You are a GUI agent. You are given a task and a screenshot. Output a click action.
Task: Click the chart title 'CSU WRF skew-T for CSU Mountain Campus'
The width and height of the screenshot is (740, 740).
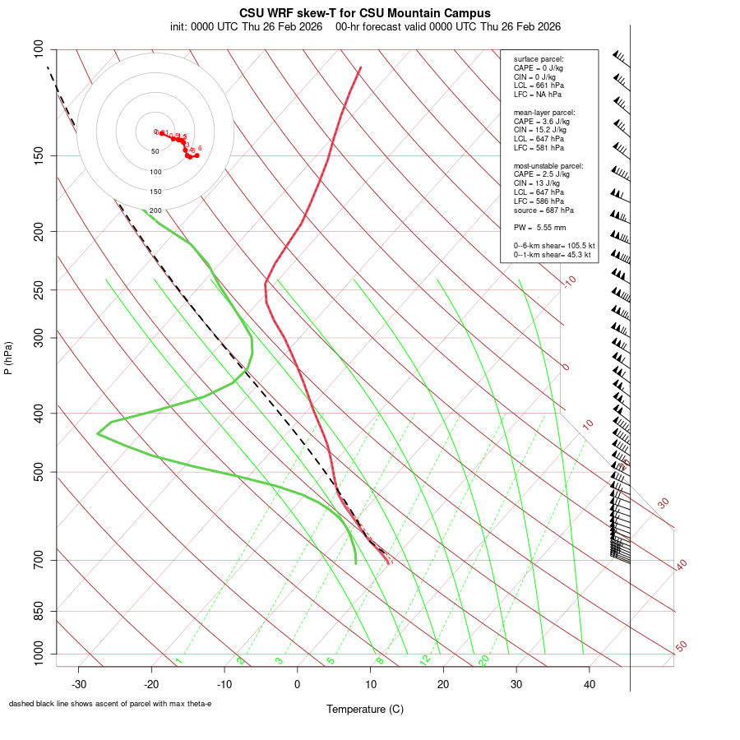coord(365,13)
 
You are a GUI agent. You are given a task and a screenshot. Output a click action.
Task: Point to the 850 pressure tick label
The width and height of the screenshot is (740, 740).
coord(39,611)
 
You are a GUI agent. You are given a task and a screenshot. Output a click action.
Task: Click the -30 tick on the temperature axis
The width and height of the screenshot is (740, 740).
coord(79,684)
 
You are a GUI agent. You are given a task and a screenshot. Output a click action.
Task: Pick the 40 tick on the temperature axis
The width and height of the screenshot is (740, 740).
coord(589,684)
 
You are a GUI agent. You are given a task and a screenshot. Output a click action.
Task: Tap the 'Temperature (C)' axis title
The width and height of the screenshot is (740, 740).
coord(365,709)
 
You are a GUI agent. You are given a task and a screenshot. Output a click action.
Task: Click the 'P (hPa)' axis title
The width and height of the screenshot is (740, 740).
coord(9,358)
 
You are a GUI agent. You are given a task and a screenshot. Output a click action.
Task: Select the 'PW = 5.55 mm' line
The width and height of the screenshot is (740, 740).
coord(534,227)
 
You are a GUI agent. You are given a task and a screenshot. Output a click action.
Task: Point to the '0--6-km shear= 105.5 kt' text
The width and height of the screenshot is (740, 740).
coord(554,245)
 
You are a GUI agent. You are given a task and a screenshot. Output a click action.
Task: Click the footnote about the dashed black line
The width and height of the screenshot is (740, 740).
coord(110,704)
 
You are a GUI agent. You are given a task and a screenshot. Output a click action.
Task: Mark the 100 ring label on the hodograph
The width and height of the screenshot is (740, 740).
coord(155,172)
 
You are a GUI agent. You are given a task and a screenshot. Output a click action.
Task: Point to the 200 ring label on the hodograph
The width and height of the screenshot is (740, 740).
coord(155,211)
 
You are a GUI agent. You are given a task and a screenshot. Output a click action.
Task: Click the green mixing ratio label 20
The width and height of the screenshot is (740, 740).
coord(483,660)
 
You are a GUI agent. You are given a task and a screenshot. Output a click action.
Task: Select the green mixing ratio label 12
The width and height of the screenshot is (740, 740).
coord(425,660)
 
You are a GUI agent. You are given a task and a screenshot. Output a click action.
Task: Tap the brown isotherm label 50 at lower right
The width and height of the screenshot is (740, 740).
coord(681,647)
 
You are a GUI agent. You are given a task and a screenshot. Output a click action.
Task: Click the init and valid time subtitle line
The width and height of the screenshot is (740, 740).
coord(365,26)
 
